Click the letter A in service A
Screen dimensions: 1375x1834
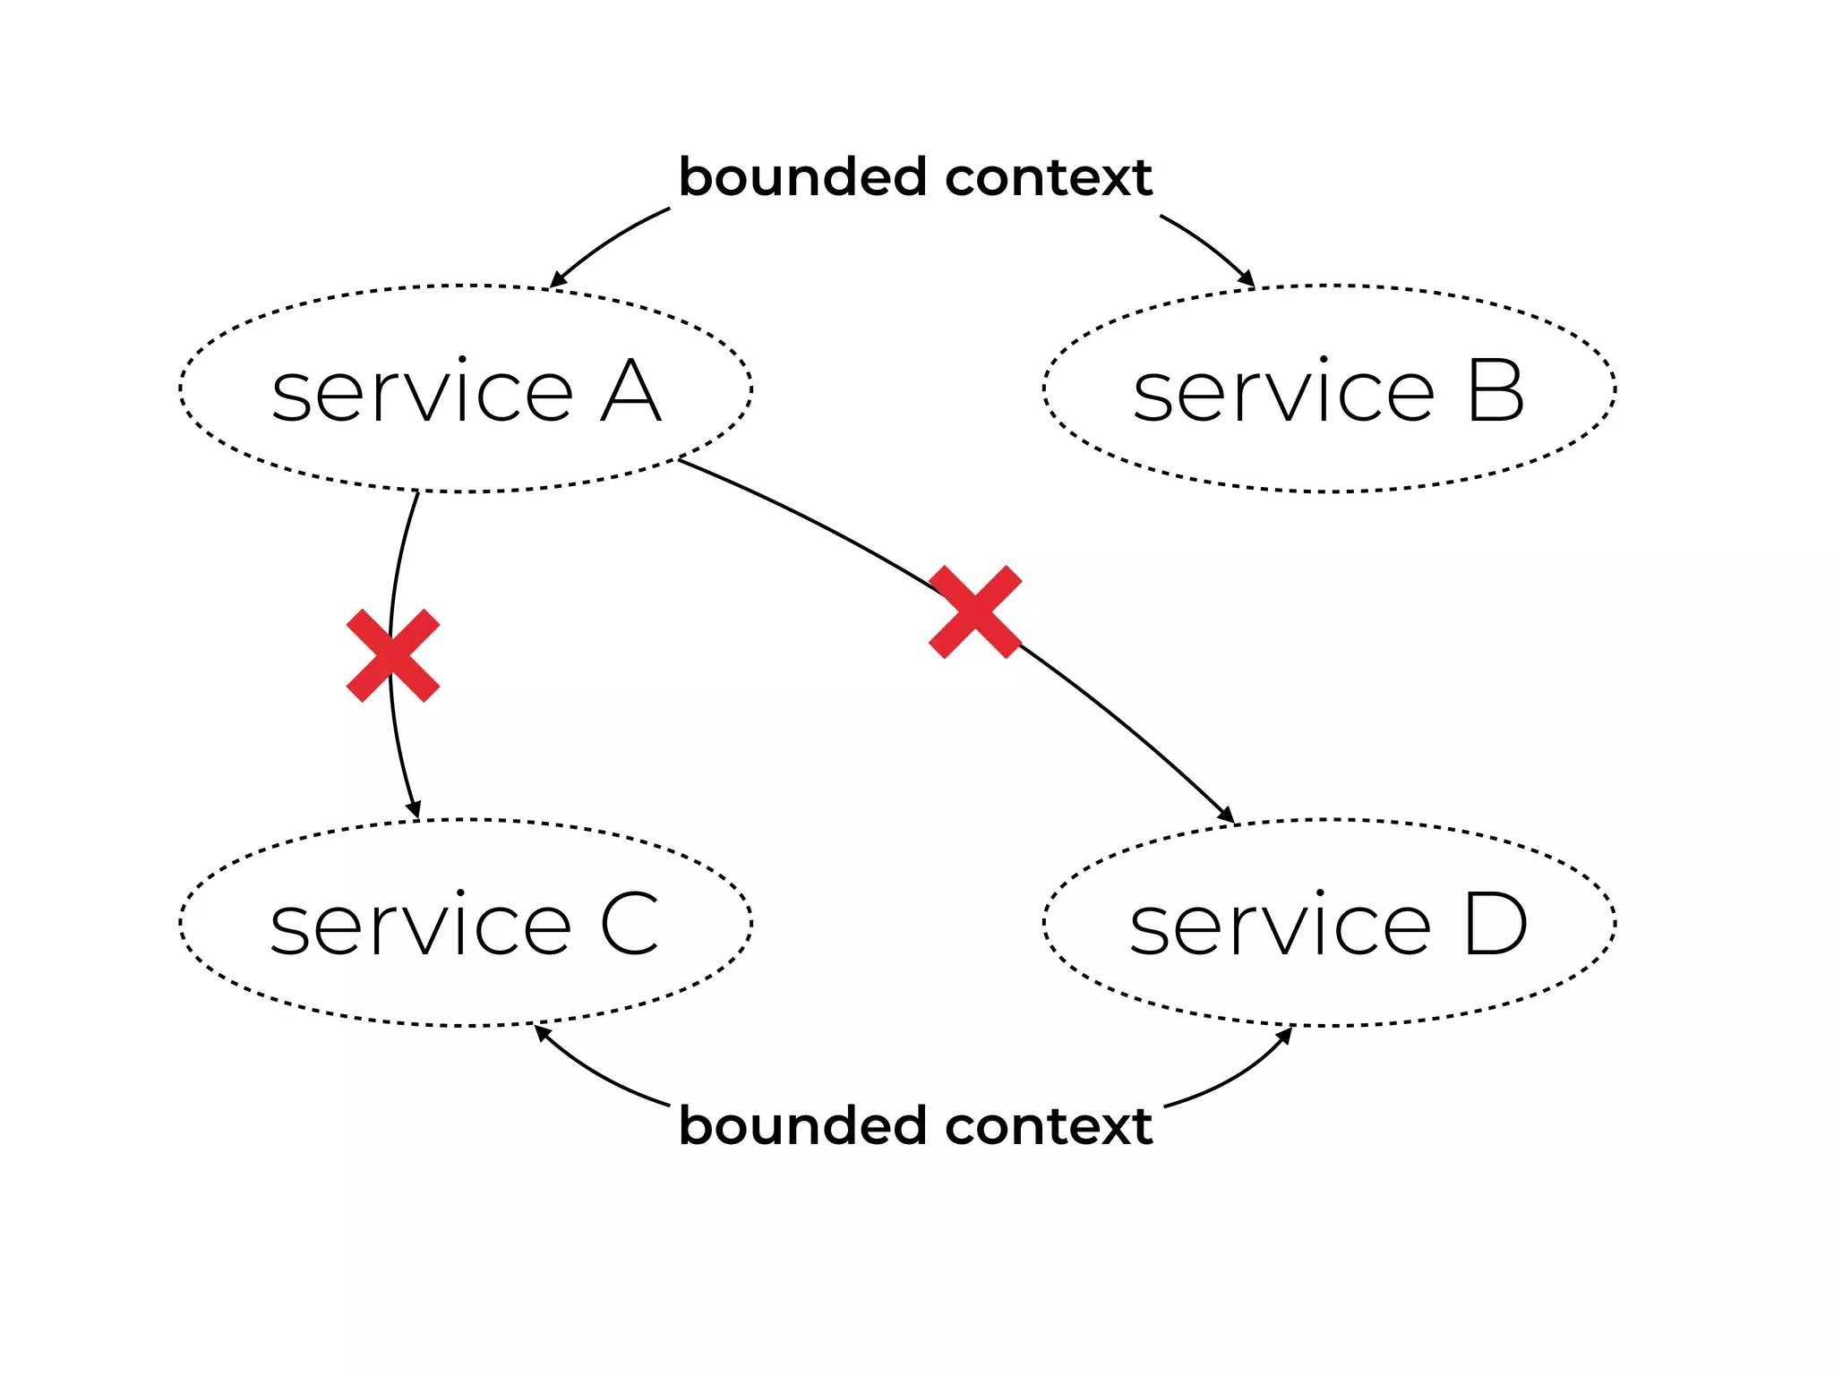coord(630,392)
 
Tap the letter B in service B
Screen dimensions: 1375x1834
coord(1495,392)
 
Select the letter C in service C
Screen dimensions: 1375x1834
coord(630,926)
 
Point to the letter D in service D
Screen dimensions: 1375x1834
coord(1494,926)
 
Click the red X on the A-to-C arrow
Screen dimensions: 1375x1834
coord(393,655)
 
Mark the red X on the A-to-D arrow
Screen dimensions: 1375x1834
coord(975,612)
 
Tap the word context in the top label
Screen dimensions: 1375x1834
coord(1048,177)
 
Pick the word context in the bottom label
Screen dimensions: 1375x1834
coord(1048,1125)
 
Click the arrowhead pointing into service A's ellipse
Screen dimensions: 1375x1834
coord(557,280)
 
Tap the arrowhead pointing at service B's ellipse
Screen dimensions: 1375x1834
coord(1247,279)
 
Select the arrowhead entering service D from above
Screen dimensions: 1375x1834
coord(1226,815)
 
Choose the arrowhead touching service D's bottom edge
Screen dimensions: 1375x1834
coord(1285,1035)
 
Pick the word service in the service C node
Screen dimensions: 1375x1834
coord(420,926)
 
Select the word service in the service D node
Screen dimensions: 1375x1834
coord(1280,926)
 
